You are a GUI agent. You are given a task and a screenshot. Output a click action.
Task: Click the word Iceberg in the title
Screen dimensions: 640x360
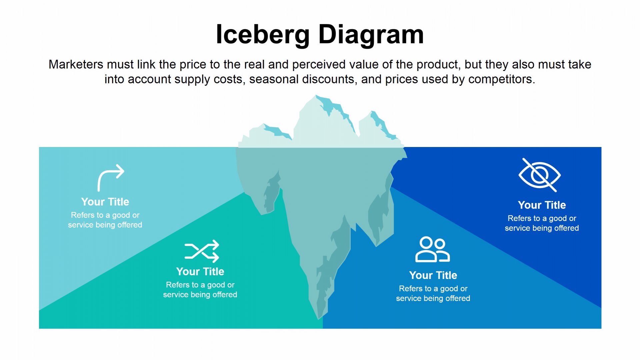point(263,34)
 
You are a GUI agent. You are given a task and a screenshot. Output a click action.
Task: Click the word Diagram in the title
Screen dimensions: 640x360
point(371,34)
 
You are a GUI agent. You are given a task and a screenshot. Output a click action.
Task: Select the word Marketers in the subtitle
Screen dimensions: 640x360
point(76,64)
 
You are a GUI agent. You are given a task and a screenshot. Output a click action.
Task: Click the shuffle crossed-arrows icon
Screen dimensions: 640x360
point(202,251)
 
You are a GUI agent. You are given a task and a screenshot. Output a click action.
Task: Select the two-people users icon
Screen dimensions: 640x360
point(433,249)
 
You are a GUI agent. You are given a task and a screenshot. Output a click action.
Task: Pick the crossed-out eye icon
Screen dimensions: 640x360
point(539,175)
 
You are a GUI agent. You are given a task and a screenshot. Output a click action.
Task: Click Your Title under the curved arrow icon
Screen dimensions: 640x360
point(105,202)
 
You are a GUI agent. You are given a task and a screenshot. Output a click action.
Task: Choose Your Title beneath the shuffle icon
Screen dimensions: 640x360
point(200,271)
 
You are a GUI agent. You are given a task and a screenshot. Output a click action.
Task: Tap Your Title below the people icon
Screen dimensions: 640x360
point(433,275)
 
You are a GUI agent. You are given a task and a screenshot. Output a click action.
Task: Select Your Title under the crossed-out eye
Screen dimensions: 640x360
point(542,205)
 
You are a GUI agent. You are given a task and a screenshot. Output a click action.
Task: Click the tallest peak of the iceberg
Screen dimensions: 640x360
point(315,96)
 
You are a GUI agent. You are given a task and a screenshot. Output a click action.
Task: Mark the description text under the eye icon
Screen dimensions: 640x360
point(542,223)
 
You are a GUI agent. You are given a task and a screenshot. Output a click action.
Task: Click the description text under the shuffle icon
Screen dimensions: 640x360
point(200,290)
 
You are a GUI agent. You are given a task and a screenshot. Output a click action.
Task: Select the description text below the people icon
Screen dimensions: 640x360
point(433,293)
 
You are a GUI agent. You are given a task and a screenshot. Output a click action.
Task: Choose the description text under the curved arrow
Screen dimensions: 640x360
point(105,220)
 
